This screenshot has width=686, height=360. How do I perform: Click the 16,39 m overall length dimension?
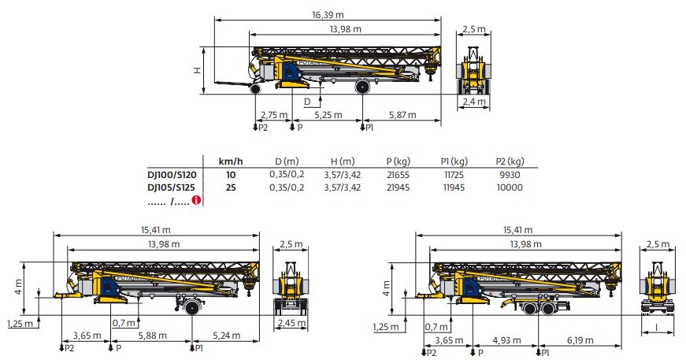[x=328, y=15]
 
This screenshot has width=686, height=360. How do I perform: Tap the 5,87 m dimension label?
[x=402, y=115]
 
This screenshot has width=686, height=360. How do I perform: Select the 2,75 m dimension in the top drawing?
[x=274, y=115]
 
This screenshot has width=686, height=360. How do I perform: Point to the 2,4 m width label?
[x=474, y=102]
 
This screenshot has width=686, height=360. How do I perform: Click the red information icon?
[x=197, y=200]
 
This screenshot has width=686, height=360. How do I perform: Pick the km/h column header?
[x=231, y=161]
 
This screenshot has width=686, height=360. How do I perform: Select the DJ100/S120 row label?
[x=172, y=175]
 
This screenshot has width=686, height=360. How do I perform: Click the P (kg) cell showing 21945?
[x=398, y=187]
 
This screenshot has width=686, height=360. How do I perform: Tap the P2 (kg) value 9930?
[x=510, y=175]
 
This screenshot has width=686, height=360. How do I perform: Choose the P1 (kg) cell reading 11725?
[x=454, y=175]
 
